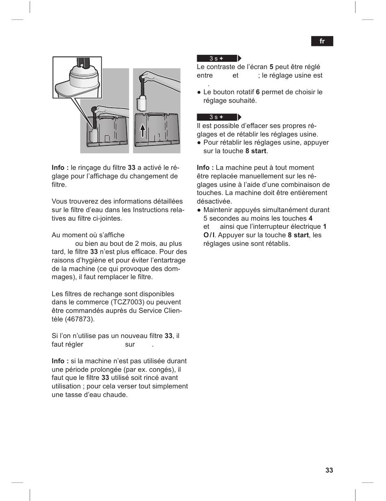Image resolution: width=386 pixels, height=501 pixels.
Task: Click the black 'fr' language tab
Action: click(x=322, y=41)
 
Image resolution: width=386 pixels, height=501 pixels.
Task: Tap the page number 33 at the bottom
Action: click(x=329, y=470)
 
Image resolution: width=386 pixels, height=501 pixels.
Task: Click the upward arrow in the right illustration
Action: click(x=143, y=131)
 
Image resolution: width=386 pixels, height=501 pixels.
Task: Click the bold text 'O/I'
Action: click(x=209, y=235)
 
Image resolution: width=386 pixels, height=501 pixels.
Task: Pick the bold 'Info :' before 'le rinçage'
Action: click(x=60, y=167)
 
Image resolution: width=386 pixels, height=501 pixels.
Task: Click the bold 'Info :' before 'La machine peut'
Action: click(x=205, y=167)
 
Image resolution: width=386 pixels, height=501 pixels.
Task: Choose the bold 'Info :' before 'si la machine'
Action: click(x=60, y=361)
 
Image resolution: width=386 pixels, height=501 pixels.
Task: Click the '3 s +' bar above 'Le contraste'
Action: click(x=217, y=59)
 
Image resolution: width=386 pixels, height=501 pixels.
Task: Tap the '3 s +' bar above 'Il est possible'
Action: click(x=217, y=117)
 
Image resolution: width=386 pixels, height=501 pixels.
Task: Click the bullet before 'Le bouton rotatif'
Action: click(x=199, y=92)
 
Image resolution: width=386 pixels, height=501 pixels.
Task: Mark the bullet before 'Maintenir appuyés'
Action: click(x=199, y=210)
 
